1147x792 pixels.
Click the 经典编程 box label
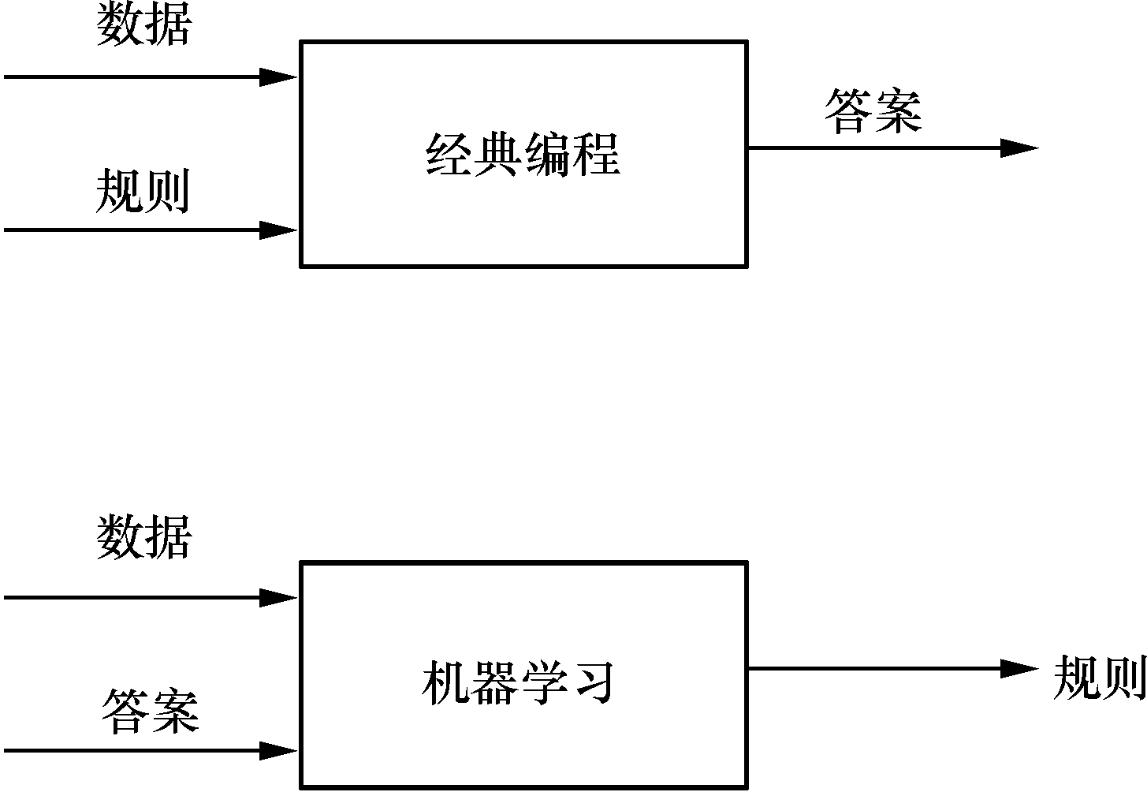(523, 154)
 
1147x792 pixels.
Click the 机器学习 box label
(518, 682)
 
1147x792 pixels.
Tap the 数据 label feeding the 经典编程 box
(143, 25)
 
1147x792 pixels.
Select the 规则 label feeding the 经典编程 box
(143, 192)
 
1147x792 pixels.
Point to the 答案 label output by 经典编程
(873, 111)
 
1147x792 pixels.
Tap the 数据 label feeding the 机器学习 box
(144, 539)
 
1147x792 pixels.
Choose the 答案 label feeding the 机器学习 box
(150, 711)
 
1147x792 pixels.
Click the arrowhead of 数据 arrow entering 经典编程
(279, 77)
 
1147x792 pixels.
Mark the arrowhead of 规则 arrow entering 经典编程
(279, 230)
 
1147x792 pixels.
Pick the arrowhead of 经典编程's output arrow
(1019, 148)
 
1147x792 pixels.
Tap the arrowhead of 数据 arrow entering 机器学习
(279, 597)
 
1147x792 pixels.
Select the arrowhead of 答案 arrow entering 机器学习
(279, 750)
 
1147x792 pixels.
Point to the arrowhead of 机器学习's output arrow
(1019, 669)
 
